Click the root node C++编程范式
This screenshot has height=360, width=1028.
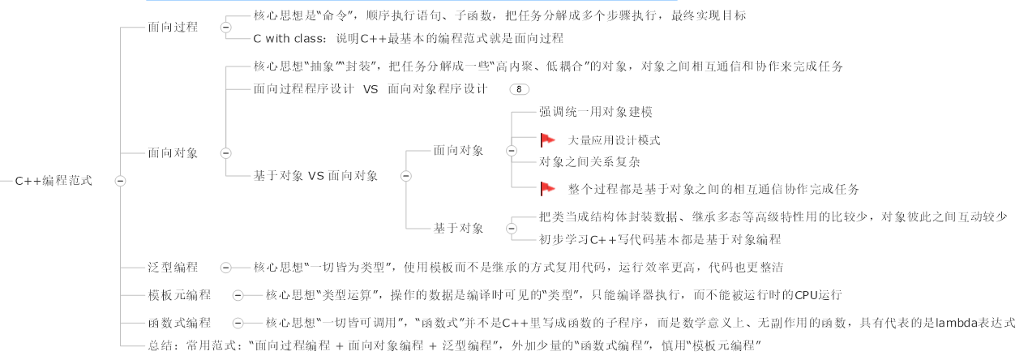tap(54, 181)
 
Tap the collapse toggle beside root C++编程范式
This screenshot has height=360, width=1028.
tap(120, 181)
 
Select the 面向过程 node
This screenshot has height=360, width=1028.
tap(172, 27)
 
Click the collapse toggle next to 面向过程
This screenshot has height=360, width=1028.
tap(225, 27)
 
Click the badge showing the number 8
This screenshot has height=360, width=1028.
tap(519, 89)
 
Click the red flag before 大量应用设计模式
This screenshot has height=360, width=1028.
tap(547, 139)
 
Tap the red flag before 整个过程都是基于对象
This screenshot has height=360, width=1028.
tap(547, 188)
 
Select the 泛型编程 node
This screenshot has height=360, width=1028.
tap(172, 267)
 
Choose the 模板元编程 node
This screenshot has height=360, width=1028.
tap(179, 295)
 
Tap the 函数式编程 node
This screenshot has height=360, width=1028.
tap(179, 323)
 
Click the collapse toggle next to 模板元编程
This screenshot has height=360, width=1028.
tap(238, 295)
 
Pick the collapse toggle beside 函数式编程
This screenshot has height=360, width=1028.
tap(238, 323)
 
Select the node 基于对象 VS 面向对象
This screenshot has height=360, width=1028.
tap(315, 175)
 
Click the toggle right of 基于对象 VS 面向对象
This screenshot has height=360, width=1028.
tap(405, 175)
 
